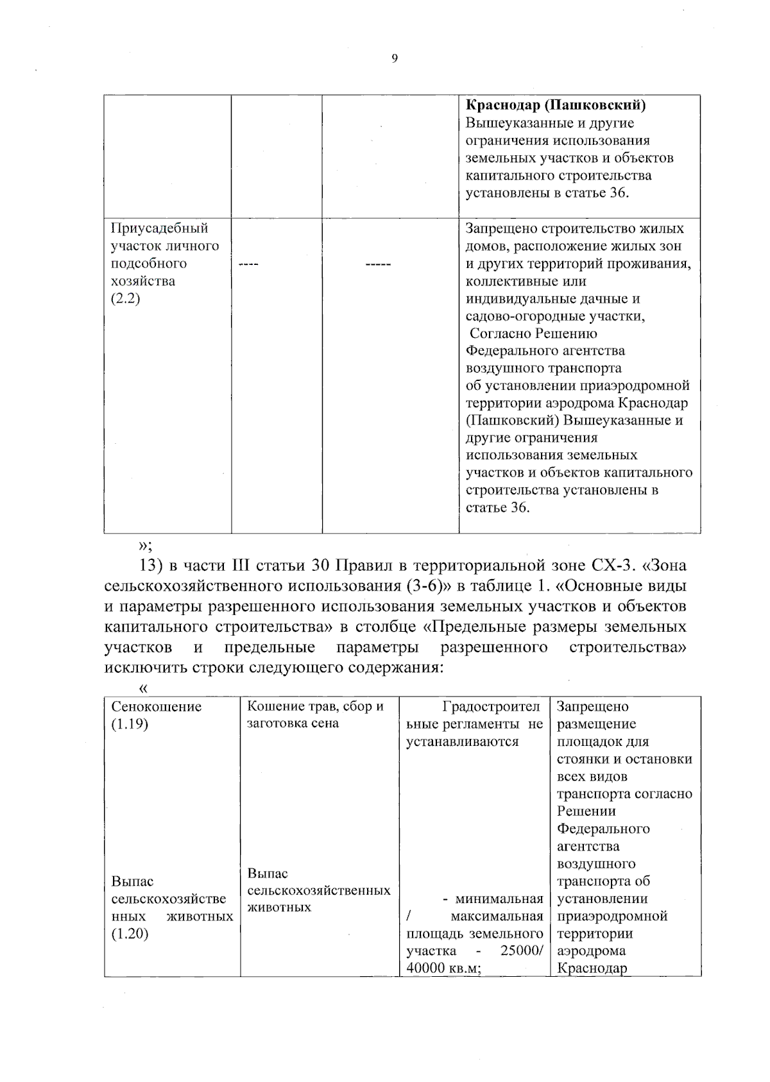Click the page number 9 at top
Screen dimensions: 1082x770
point(394,59)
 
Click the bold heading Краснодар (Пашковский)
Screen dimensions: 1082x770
point(555,105)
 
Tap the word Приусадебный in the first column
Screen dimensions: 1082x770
point(160,228)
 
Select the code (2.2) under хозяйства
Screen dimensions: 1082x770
point(125,299)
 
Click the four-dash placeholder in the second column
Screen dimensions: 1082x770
point(248,264)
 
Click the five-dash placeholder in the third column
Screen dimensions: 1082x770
point(378,264)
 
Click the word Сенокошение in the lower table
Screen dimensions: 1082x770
point(157,707)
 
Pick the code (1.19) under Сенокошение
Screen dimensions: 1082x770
point(130,724)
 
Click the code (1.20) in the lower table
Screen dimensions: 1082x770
point(130,934)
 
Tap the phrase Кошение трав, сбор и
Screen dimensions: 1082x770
point(315,707)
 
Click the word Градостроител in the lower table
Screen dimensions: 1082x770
point(492,707)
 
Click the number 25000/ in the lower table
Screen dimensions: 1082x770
point(522,951)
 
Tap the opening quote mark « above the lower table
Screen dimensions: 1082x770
point(142,688)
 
